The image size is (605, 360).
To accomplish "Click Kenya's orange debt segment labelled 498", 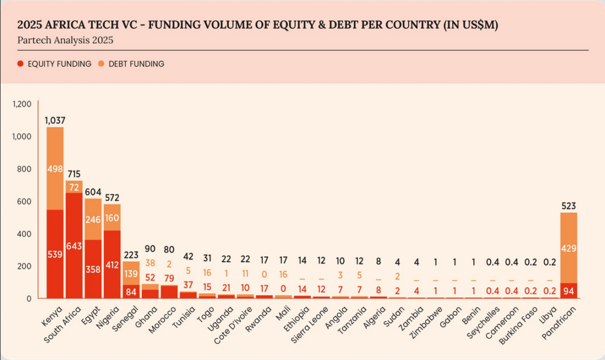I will (54, 168).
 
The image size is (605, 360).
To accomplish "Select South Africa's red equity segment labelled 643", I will (74, 245).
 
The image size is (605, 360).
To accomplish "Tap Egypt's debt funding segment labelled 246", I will (93, 219).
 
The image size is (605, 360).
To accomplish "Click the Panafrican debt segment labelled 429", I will (568, 248).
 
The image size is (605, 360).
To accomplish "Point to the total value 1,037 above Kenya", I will (54, 121).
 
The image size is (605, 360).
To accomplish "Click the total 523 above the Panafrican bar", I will (568, 206).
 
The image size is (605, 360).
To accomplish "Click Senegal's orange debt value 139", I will (131, 274).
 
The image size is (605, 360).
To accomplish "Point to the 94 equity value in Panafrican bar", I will (568, 290).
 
